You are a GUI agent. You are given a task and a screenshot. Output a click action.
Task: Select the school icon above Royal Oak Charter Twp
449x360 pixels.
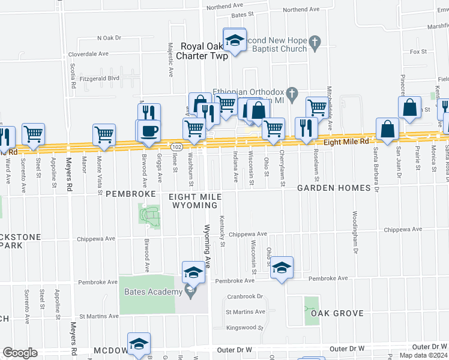pyautogui.click(x=235, y=40)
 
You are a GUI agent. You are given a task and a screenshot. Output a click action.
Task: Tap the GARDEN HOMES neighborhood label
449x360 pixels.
pyautogui.click(x=334, y=188)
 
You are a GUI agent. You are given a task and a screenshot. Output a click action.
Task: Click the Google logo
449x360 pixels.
pyautogui.click(x=20, y=353)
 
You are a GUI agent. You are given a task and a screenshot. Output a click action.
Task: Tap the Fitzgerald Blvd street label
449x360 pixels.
pyautogui.click(x=98, y=78)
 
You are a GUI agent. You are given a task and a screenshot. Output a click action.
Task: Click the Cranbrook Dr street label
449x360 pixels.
pyautogui.click(x=245, y=296)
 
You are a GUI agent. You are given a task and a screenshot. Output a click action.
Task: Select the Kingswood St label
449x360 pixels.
pyautogui.click(x=245, y=328)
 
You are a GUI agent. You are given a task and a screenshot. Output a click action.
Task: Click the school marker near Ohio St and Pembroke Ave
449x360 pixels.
pyautogui.click(x=281, y=268)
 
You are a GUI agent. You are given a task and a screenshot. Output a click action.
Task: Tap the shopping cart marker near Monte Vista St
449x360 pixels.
pyautogui.click(x=104, y=134)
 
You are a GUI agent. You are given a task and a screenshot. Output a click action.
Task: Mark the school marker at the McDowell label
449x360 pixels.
pyautogui.click(x=139, y=343)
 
